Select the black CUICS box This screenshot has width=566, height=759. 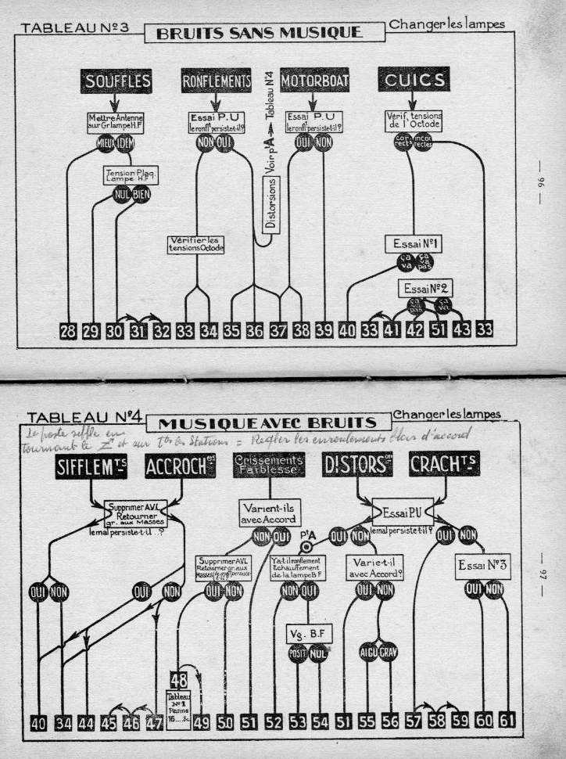(414, 80)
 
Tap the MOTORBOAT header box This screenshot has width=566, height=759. (314, 80)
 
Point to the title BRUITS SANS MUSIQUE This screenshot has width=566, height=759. (259, 33)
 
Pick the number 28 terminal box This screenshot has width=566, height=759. (68, 330)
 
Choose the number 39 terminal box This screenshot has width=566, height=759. (324, 330)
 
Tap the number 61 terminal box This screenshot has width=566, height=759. (507, 722)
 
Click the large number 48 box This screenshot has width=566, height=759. (177, 680)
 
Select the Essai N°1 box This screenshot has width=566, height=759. (414, 244)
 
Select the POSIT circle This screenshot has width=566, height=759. (298, 653)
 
